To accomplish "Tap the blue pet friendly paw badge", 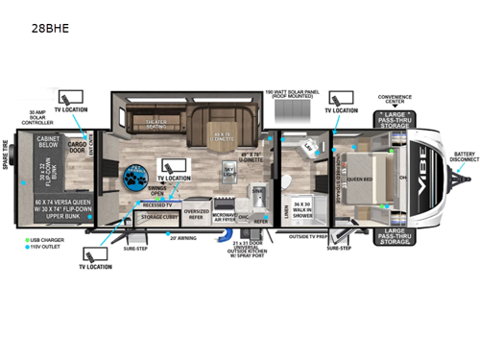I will point(134,177).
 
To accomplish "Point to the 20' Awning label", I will point(183,237).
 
